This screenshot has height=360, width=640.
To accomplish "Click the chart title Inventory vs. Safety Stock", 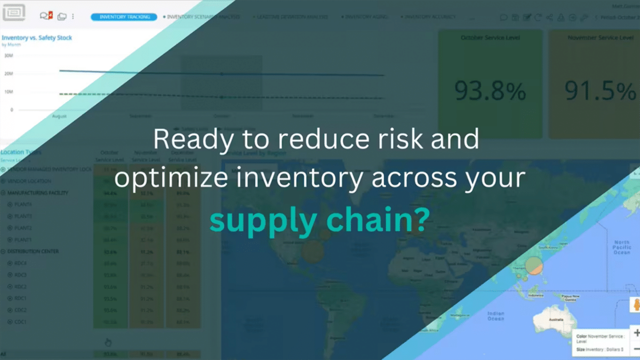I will (37, 38).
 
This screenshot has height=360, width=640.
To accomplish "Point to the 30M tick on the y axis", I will (9, 55).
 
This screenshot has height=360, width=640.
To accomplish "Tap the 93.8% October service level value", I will (490, 91).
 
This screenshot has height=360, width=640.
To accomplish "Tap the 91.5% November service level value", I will (601, 91).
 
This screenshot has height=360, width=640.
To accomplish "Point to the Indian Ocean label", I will (495, 316).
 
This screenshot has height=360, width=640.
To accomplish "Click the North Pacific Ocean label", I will (621, 247).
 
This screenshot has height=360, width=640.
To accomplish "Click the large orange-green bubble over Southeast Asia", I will (534, 266).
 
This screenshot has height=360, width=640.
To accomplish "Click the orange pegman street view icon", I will (635, 305).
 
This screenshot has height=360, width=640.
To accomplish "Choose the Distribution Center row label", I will (33, 251).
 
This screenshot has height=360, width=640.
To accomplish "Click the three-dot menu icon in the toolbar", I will (73, 17).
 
